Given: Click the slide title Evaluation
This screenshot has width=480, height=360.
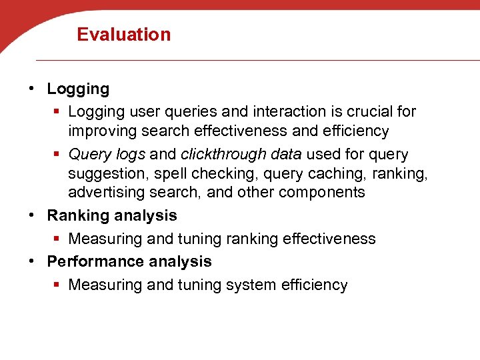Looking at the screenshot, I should (124, 34).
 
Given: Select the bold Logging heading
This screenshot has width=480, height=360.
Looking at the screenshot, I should (78, 89).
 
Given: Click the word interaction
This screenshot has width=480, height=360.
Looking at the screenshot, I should (281, 111).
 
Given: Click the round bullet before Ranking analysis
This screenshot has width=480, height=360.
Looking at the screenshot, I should (33, 215).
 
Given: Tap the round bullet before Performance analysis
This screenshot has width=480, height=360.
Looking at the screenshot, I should (33, 261).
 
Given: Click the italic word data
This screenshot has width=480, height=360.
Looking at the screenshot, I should (285, 154).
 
